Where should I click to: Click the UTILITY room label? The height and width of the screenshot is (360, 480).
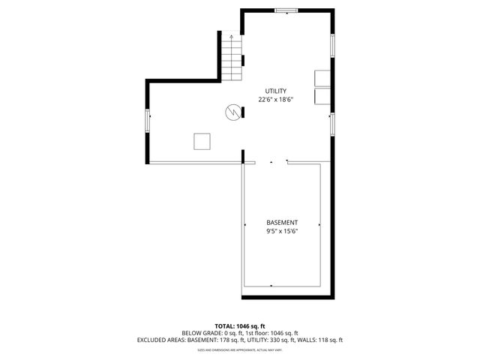275,91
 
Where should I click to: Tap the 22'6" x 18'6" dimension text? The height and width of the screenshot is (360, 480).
275,99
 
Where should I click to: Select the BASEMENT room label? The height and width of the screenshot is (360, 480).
282,223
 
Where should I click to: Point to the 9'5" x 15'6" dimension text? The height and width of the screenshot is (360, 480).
282,232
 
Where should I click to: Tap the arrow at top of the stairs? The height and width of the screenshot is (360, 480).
232,35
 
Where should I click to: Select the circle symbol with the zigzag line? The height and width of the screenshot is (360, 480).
234,112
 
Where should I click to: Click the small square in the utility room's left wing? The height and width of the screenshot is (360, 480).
202,141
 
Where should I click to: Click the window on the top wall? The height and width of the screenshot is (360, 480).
286,10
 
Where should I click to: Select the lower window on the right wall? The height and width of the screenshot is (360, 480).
332,124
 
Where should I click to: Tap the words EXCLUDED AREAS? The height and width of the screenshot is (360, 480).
160,340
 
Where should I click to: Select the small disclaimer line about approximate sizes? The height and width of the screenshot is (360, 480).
240,349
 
